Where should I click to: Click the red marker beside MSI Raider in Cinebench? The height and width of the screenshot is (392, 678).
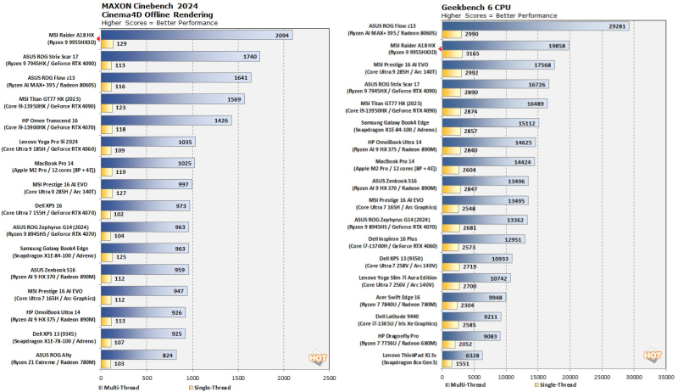click(x=98, y=38)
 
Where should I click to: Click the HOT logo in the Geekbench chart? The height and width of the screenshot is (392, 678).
click(x=653, y=356)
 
